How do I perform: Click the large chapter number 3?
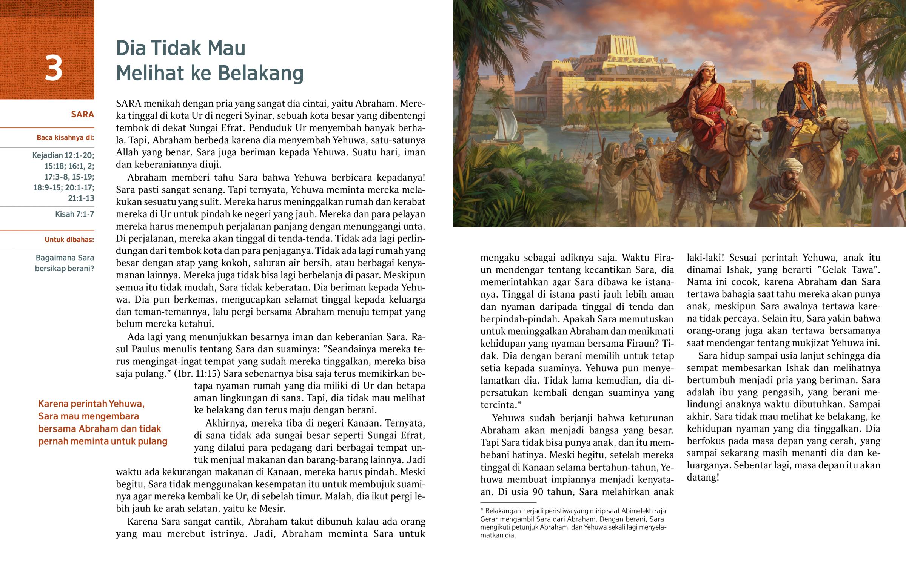point(53,68)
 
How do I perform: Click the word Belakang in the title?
point(260,73)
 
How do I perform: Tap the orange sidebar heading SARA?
point(82,115)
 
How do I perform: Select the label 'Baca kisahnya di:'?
point(65,138)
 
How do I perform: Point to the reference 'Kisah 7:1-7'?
point(74,214)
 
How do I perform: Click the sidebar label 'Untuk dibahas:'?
point(69,240)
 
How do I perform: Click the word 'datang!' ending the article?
point(703,477)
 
